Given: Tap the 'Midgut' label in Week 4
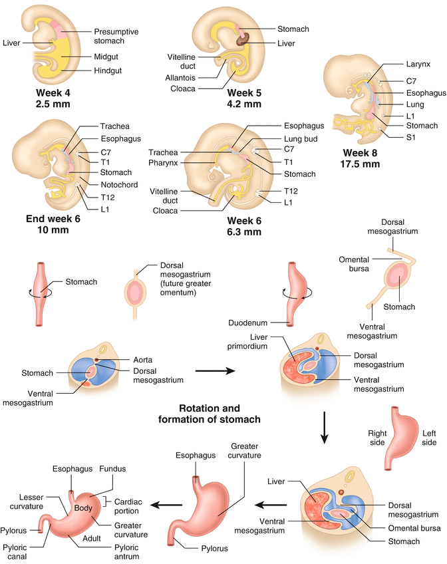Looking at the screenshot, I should tap(106, 57).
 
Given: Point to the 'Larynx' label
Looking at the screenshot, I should tap(418, 65).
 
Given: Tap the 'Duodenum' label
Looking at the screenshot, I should tap(247, 323).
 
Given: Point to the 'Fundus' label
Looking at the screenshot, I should tap(111, 470).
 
